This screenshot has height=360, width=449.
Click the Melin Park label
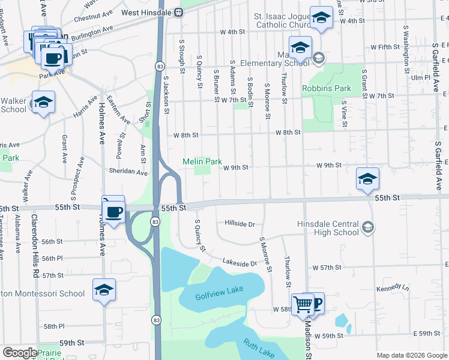202,162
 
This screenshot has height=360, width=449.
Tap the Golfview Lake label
219,293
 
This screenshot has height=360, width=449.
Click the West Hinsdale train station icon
179,13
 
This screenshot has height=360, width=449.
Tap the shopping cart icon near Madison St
303,304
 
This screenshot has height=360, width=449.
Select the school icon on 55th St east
367,179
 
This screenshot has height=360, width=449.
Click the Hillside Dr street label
240,224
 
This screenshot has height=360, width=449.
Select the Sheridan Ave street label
128,173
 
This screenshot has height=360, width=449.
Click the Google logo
20,353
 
